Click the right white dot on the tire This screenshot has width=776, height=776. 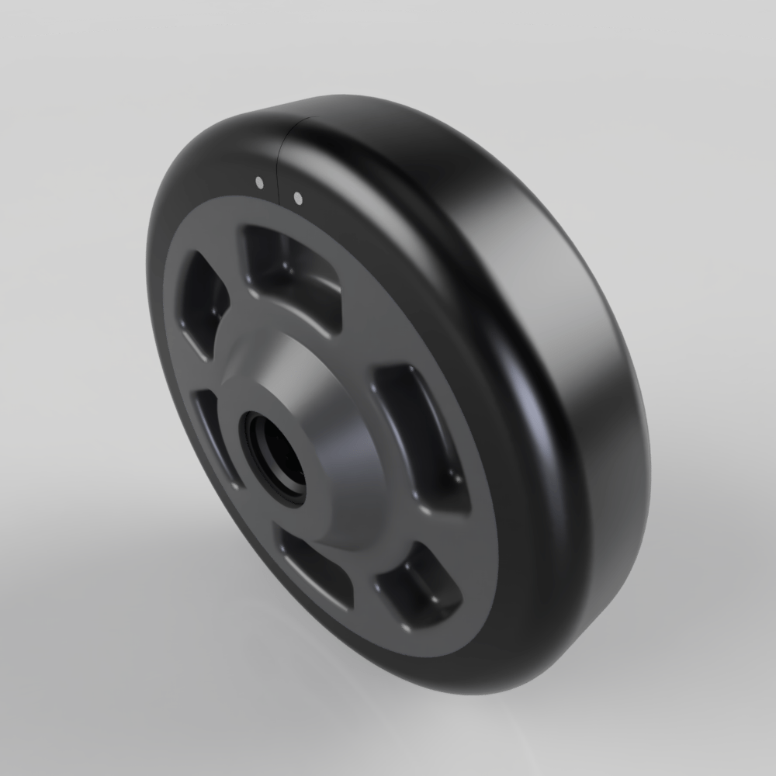tap(297, 197)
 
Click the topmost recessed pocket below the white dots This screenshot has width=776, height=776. tap(291, 272)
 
